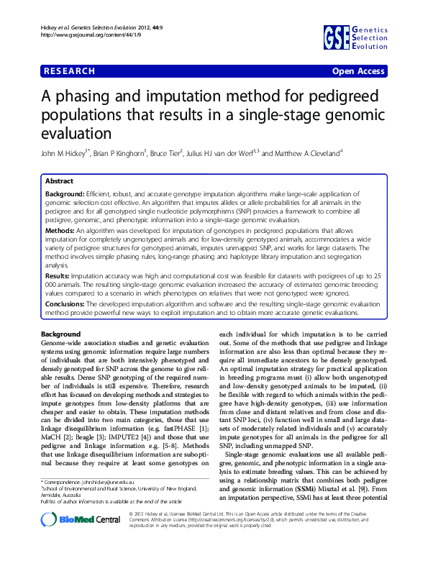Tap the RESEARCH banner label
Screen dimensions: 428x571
coord(69,71)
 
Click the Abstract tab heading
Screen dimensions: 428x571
coord(59,181)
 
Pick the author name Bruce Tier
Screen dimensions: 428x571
coord(163,153)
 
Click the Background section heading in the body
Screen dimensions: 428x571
coord(61,335)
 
